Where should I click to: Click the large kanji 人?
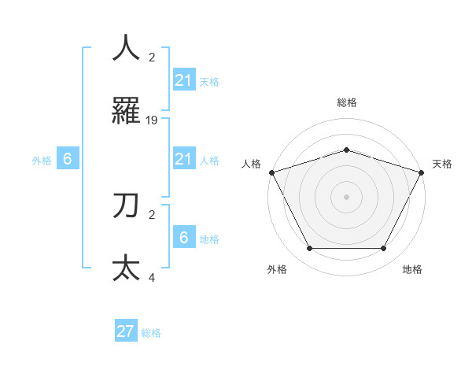(x=126, y=48)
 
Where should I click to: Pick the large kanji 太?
(x=126, y=268)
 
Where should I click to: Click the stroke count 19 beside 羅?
(x=152, y=120)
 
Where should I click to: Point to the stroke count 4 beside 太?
(x=152, y=277)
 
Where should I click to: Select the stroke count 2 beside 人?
(x=152, y=57)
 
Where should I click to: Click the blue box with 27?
(x=126, y=331)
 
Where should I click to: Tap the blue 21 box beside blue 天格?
(x=183, y=80)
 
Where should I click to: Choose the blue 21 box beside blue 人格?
(x=183, y=160)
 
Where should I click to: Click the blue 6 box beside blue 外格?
(x=68, y=158)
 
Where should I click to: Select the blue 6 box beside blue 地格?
(x=183, y=237)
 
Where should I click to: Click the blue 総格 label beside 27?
(x=151, y=333)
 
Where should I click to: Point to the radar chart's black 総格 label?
(x=346, y=102)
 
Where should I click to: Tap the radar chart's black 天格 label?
(x=442, y=164)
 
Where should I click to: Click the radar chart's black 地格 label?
(x=412, y=269)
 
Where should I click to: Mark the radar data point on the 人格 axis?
(x=271, y=172)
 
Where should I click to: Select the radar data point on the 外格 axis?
(x=309, y=249)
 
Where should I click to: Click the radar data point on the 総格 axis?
(x=346, y=150)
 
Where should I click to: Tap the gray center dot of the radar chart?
(x=346, y=197)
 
